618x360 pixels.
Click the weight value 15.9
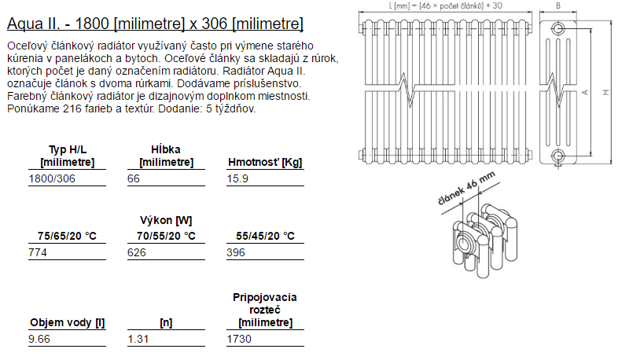coord(237,178)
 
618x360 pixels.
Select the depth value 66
coord(133,178)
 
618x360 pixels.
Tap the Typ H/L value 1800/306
coord(52,178)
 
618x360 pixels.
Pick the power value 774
coord(38,252)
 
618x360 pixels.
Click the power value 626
coord(136,252)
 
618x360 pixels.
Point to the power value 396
coord(236,252)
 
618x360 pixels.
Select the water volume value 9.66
coord(39,339)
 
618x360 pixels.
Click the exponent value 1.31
coord(138,339)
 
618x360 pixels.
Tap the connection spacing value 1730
coord(239,339)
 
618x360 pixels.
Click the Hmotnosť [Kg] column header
coord(265,162)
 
